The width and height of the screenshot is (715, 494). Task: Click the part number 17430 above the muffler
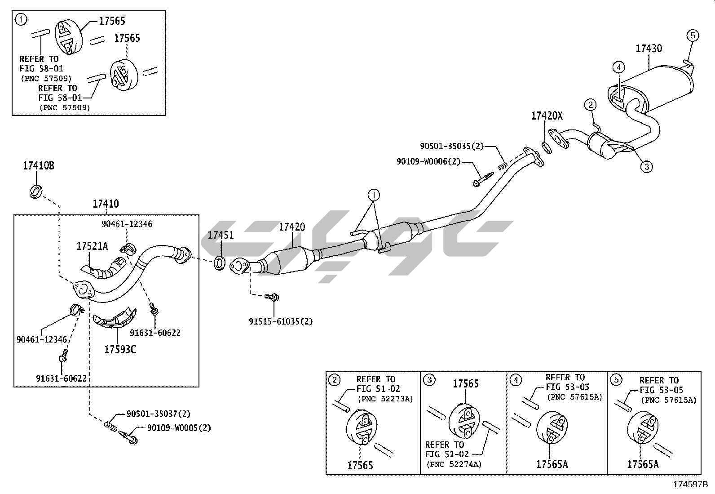coord(649,49)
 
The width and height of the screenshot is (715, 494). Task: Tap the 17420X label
coord(546,116)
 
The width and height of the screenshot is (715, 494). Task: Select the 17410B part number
coord(39,166)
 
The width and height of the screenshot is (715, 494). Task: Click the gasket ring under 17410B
coord(36,191)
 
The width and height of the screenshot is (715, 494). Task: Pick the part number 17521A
coord(92,246)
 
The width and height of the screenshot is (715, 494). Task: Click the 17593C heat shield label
coord(120,349)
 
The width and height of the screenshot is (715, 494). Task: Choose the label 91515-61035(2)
coord(281,321)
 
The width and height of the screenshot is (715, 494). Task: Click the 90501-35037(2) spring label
coord(152,414)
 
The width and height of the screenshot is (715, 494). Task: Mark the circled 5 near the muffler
coord(692,35)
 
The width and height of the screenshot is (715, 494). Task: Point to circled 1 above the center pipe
coord(373,195)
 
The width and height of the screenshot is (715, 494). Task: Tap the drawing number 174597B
coord(690,485)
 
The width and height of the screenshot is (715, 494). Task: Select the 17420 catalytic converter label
coord(292,227)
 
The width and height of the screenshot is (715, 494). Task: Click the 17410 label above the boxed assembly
coord(106,204)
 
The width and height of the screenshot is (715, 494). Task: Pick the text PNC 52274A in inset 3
coord(453,464)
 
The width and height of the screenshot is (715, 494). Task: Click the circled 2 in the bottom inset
coord(334,380)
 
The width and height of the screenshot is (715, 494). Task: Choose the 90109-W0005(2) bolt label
coord(179,428)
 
